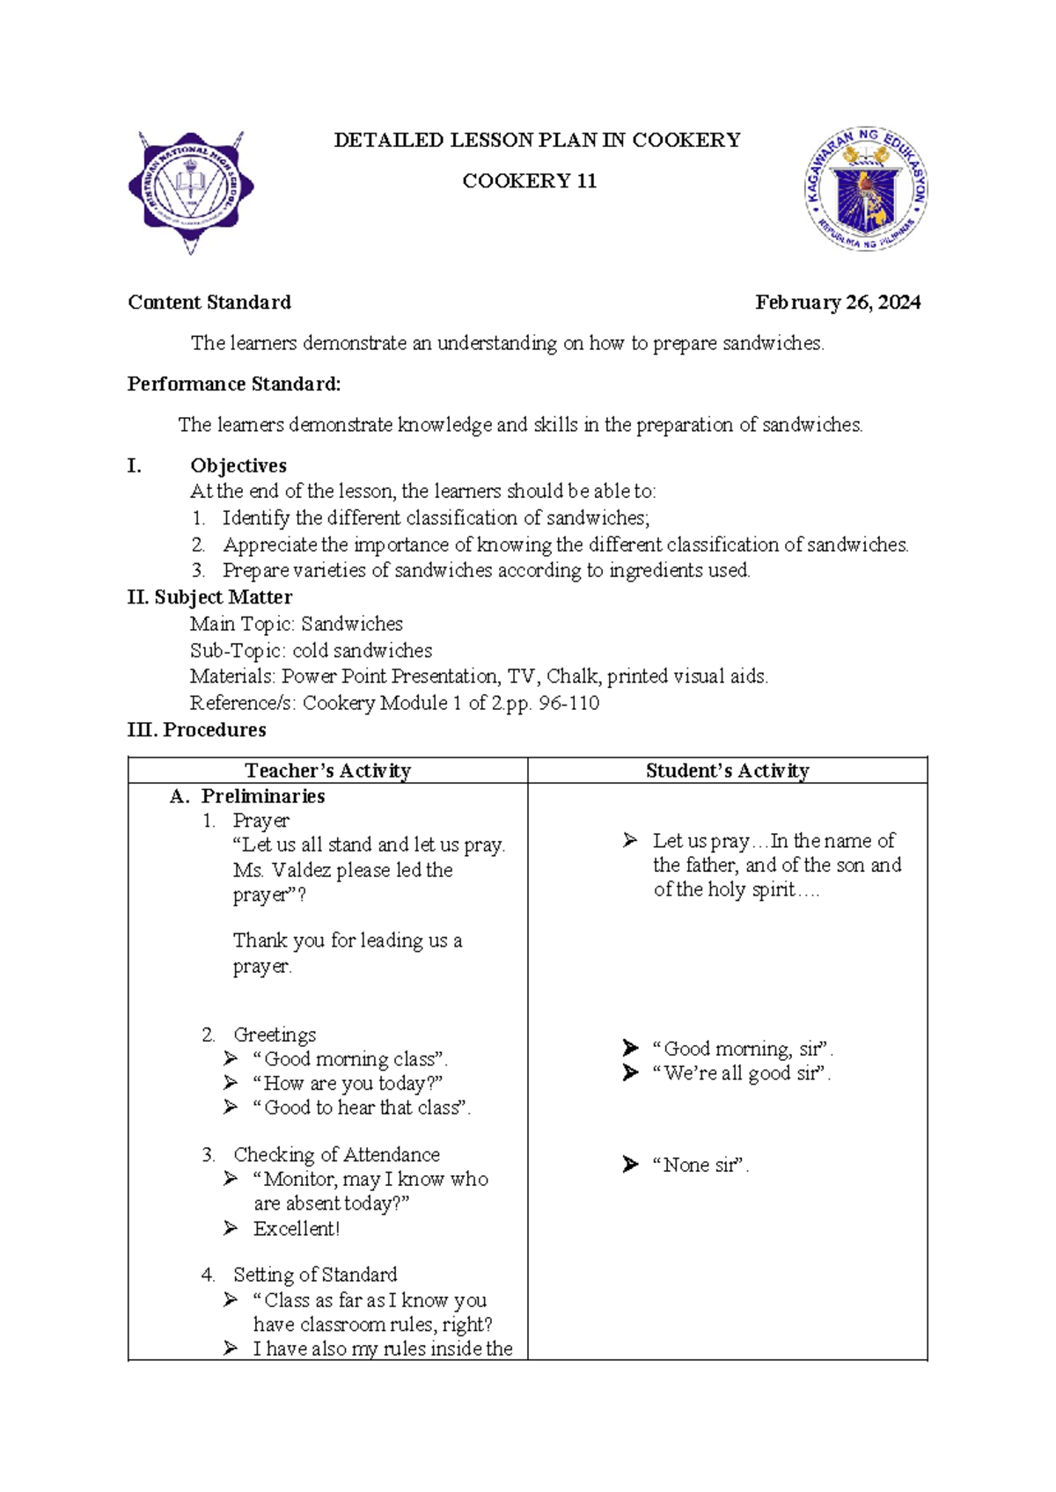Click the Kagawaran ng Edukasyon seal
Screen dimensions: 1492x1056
click(866, 188)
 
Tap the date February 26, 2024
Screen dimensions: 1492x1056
click(838, 303)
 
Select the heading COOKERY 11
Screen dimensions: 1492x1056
click(530, 181)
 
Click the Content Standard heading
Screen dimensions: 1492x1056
click(209, 303)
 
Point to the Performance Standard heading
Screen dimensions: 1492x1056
click(234, 384)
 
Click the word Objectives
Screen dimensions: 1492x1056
click(238, 465)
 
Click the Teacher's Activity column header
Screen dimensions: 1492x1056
click(327, 771)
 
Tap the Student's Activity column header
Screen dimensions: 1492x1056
click(727, 771)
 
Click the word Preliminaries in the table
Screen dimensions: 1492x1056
click(263, 796)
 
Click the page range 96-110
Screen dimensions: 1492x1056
click(569, 703)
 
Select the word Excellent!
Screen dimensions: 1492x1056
click(296, 1229)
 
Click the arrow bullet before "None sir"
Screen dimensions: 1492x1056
click(630, 1165)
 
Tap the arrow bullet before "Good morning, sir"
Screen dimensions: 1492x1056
click(630, 1048)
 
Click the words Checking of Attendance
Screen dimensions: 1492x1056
click(336, 1154)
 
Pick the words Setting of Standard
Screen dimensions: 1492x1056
click(315, 1275)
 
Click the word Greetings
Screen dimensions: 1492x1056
click(275, 1035)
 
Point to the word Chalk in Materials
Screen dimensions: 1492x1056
click(572, 677)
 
